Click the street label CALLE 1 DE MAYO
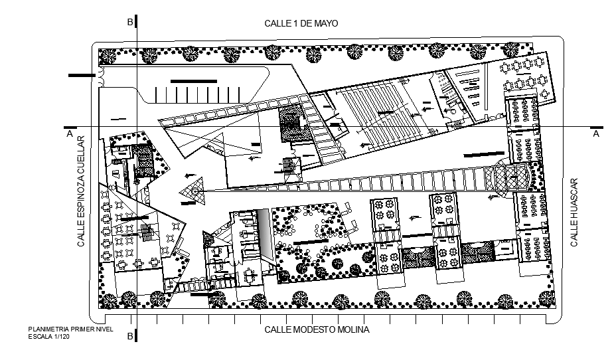pyautogui.click(x=301, y=23)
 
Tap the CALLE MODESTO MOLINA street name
pyautogui.click(x=317, y=329)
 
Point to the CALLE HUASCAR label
pyautogui.click(x=575, y=212)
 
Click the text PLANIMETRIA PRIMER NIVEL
pyautogui.click(x=71, y=329)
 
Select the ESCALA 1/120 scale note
pyautogui.click(x=48, y=337)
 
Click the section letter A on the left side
pyautogui.click(x=69, y=134)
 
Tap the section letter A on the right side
pyautogui.click(x=595, y=134)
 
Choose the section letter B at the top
pyautogui.click(x=130, y=23)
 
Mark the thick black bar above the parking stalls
pyautogui.click(x=194, y=81)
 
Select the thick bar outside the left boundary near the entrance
pyautogui.click(x=82, y=76)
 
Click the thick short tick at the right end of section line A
pyautogui.click(x=597, y=126)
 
